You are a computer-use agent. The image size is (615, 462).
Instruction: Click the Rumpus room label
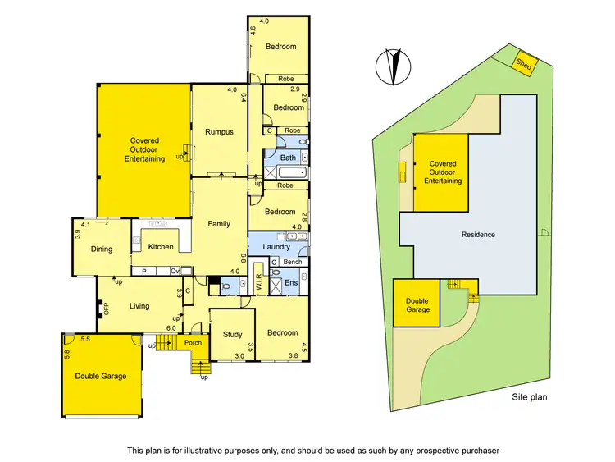(219, 132)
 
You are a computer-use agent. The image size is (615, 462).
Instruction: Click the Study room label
(232, 333)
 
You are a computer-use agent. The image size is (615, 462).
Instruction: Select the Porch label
(193, 343)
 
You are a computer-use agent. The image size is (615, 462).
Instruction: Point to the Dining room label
(102, 249)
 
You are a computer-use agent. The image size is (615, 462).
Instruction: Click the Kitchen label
(160, 246)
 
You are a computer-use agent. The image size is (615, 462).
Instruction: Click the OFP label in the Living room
(105, 309)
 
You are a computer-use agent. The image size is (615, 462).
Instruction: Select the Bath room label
(288, 158)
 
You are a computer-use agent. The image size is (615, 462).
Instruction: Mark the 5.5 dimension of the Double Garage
(84, 339)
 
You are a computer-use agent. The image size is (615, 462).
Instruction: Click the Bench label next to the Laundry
(292, 262)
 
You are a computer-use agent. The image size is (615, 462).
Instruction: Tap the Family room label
(218, 224)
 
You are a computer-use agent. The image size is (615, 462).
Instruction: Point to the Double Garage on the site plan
(417, 304)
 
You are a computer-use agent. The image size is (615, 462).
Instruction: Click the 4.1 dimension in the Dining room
(85, 224)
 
